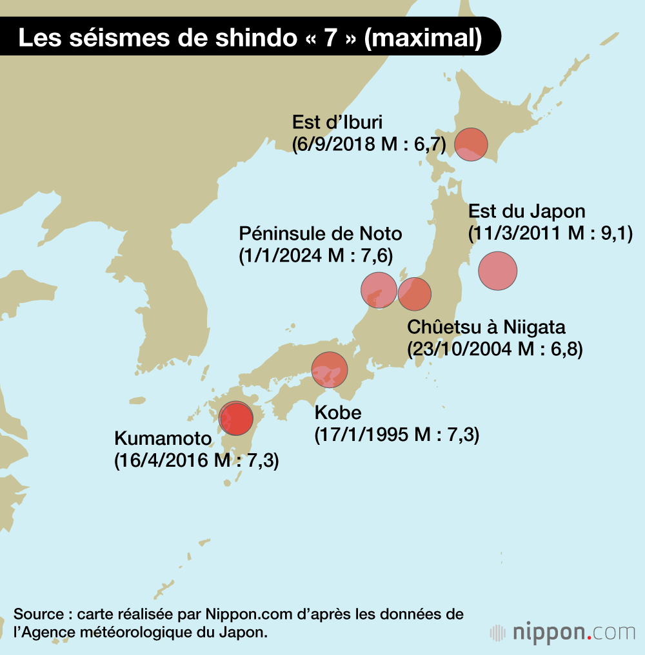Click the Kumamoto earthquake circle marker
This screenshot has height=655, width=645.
coord(235,418)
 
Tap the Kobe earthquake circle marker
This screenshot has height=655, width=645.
coord(330,369)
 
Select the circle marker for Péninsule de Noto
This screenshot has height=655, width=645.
coord(379,290)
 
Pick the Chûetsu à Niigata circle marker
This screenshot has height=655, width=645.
coord(414,294)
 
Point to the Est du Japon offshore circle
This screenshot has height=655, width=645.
coord(498,271)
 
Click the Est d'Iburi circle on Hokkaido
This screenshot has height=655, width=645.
coord(471,144)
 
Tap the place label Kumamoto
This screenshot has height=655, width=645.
coord(163,440)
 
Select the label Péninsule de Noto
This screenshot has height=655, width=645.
coord(320,233)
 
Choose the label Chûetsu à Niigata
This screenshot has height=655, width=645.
coord(486,326)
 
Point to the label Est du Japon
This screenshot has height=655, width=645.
coord(526,211)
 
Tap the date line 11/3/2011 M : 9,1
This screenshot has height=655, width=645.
coord(550,233)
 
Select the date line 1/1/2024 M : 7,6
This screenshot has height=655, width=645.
coord(315,255)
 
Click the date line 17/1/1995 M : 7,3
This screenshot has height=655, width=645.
coord(396,435)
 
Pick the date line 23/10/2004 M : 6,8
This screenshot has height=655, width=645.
coord(495,349)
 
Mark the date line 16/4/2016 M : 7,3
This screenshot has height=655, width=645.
coord(196,462)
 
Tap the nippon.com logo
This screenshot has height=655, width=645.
coord(562,632)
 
